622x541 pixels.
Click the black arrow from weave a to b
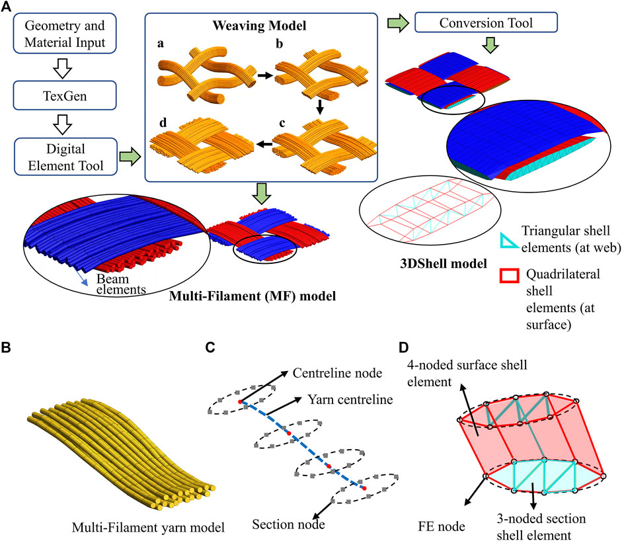click(264, 76)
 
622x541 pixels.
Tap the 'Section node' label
click(285, 525)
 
